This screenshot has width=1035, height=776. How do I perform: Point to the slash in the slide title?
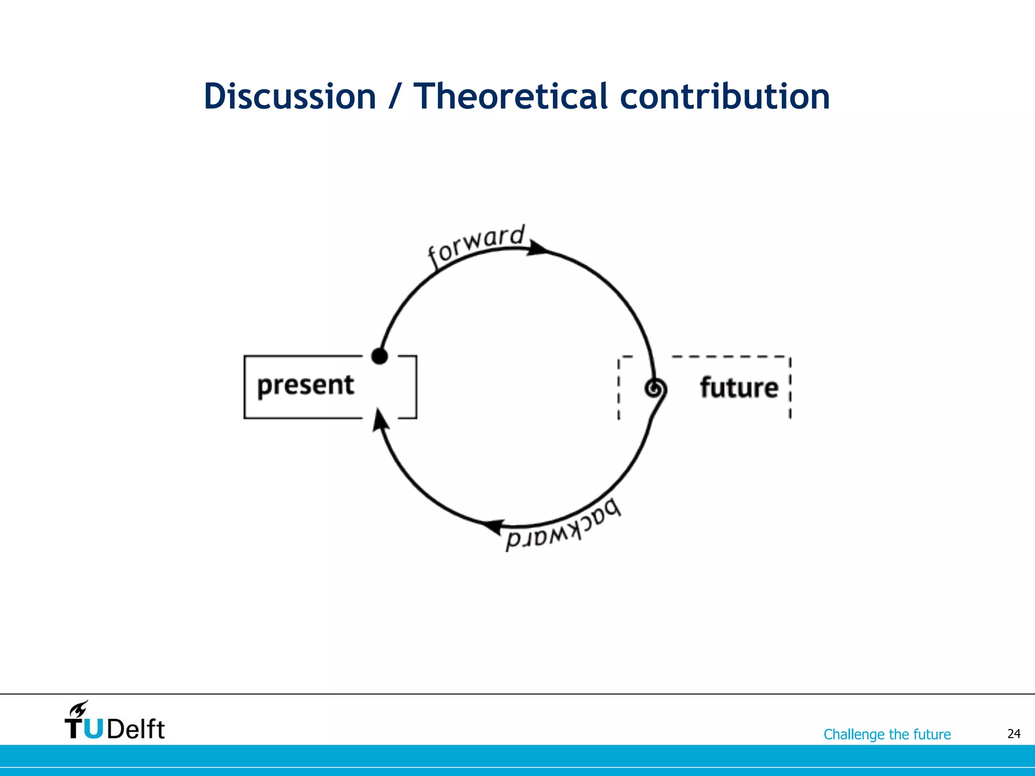[x=395, y=97]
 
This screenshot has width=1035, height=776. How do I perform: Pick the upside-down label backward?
[x=564, y=528]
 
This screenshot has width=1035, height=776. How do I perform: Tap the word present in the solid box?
[x=305, y=385]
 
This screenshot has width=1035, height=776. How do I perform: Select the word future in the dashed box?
[x=738, y=388]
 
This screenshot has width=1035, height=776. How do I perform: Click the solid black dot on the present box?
[x=380, y=356]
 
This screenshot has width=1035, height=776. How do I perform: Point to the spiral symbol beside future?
[x=655, y=389]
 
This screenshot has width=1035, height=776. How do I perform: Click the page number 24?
[x=1013, y=734]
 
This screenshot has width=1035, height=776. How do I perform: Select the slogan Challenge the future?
[x=887, y=734]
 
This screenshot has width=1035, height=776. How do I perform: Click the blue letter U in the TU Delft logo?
[x=92, y=729]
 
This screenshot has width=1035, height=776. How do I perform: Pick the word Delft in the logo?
[x=135, y=729]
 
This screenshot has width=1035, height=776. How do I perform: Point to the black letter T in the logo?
[x=74, y=729]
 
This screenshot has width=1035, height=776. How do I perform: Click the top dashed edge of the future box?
[x=728, y=357]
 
